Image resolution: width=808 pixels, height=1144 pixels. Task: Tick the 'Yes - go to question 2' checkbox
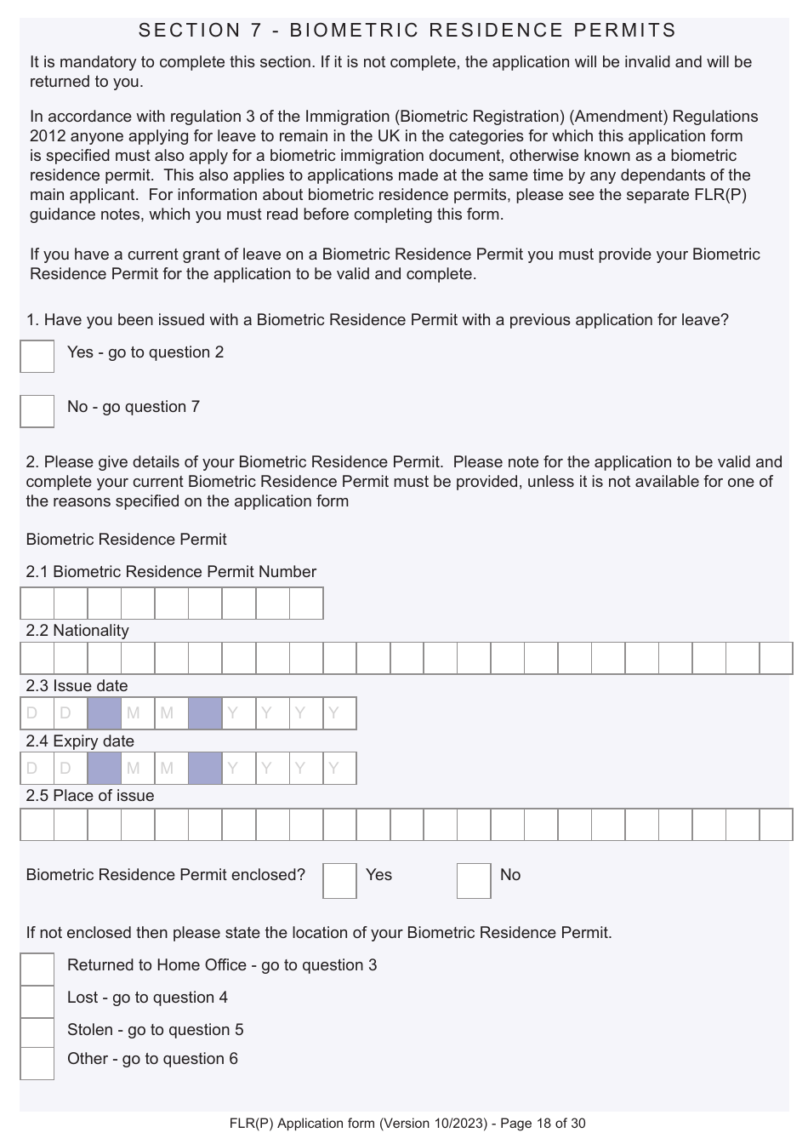pos(37,356)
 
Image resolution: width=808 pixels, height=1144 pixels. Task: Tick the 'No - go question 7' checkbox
pos(37,410)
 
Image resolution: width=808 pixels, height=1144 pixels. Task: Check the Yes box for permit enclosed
pos(339,881)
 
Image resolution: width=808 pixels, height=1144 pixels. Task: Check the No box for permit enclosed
pos(474,881)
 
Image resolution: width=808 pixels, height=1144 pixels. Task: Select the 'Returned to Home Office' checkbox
pos(37,969)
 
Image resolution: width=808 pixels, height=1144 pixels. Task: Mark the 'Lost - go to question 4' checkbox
pos(37,1001)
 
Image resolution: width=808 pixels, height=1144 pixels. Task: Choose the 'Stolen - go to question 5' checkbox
pos(37,1032)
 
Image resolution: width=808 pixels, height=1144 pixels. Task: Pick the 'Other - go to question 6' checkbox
pos(37,1063)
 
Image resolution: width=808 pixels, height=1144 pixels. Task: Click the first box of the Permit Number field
pos(37,603)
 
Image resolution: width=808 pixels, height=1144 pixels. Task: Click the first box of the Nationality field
pos(37,659)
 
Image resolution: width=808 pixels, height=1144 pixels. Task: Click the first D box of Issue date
pos(37,713)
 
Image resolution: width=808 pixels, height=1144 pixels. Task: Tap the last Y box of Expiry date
pos(339,769)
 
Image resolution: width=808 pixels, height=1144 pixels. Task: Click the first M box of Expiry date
pos(138,769)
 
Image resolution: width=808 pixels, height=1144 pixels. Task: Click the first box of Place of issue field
pos(37,824)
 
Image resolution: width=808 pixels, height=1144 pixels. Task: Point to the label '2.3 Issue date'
pos(77,686)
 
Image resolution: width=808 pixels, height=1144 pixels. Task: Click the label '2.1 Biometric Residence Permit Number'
pos(170,572)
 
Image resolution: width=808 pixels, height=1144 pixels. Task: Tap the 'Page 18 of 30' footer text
pos(543,1124)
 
